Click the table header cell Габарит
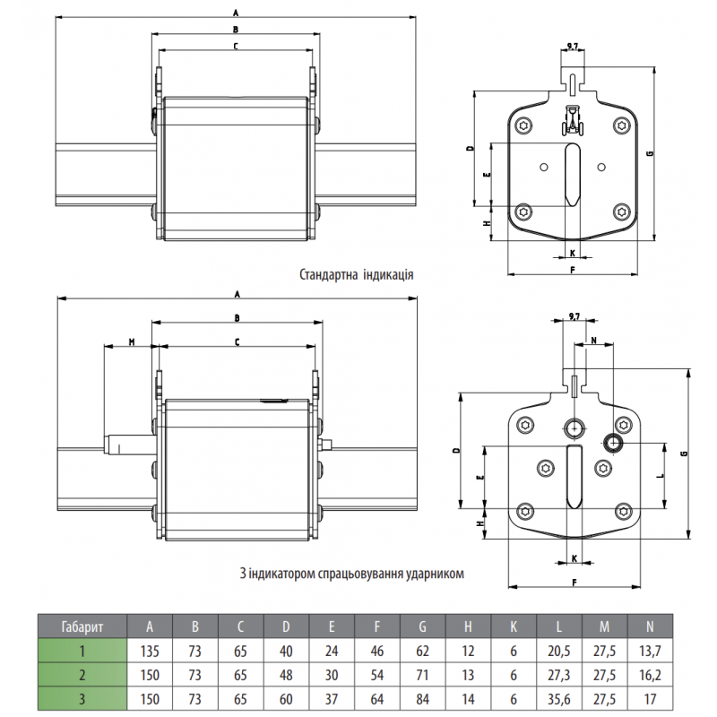click(82, 626)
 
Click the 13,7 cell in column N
click(652, 652)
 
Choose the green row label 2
click(82, 675)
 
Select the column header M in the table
click(606, 626)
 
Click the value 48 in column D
click(286, 675)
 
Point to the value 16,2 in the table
click(652, 675)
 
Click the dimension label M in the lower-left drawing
click(131, 341)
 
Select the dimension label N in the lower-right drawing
click(594, 341)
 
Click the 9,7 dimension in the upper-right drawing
click(572, 45)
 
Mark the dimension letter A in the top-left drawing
click(235, 13)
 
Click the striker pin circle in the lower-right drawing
click(615, 442)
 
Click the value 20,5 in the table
click(560, 652)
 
